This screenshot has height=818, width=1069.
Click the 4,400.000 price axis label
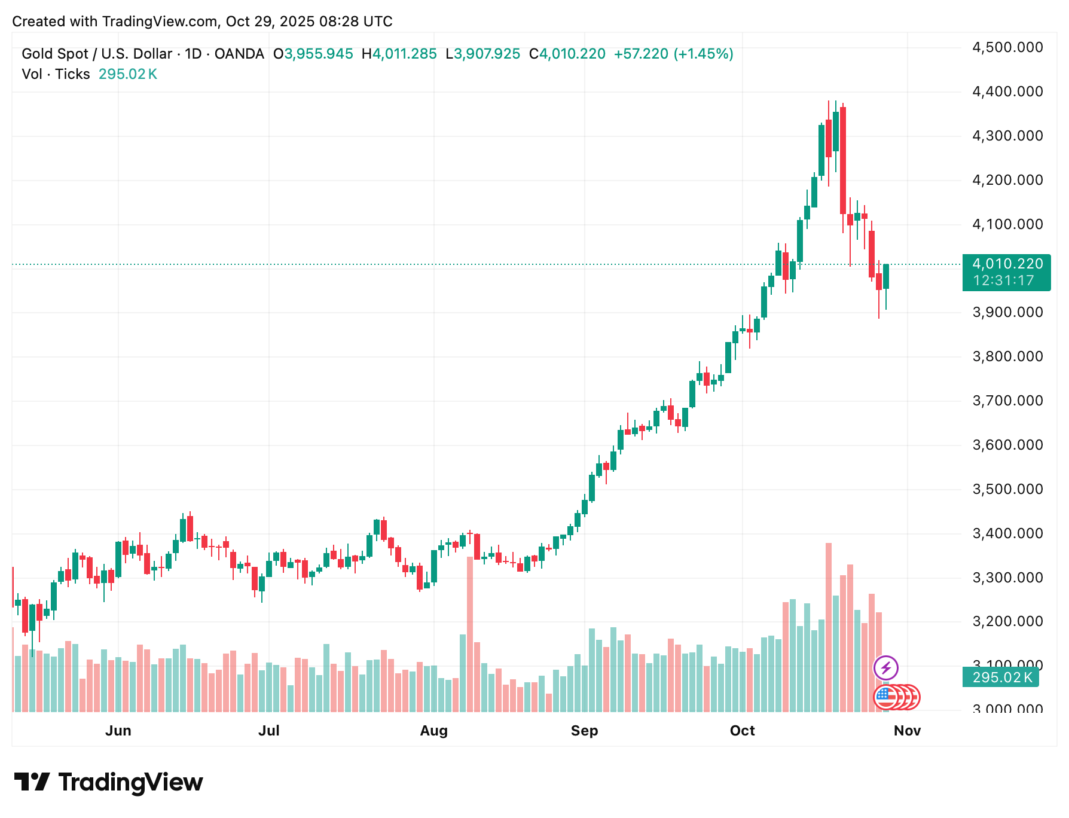(1007, 91)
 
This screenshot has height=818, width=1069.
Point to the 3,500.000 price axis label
(1007, 489)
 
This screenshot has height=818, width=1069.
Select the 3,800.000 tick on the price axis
(1007, 356)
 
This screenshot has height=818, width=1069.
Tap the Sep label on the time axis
(584, 731)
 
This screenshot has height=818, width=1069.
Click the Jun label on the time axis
(118, 731)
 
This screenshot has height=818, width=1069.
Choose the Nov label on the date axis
(907, 731)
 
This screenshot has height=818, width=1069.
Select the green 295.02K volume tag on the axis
(1001, 677)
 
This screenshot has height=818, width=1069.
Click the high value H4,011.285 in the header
(399, 54)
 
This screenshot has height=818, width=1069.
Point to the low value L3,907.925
(483, 54)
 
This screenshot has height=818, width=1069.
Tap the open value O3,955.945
(313, 54)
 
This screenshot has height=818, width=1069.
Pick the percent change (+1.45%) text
(703, 54)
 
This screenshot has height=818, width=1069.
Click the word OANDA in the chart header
(239, 54)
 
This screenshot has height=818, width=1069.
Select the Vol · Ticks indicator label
(56, 74)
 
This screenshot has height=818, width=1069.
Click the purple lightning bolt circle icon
(885, 667)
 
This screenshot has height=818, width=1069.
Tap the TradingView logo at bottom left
(108, 782)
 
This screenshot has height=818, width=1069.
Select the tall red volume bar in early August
(470, 634)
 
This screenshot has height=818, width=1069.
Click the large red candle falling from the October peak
(843, 160)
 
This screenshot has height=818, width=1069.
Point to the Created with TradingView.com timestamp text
(202, 22)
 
